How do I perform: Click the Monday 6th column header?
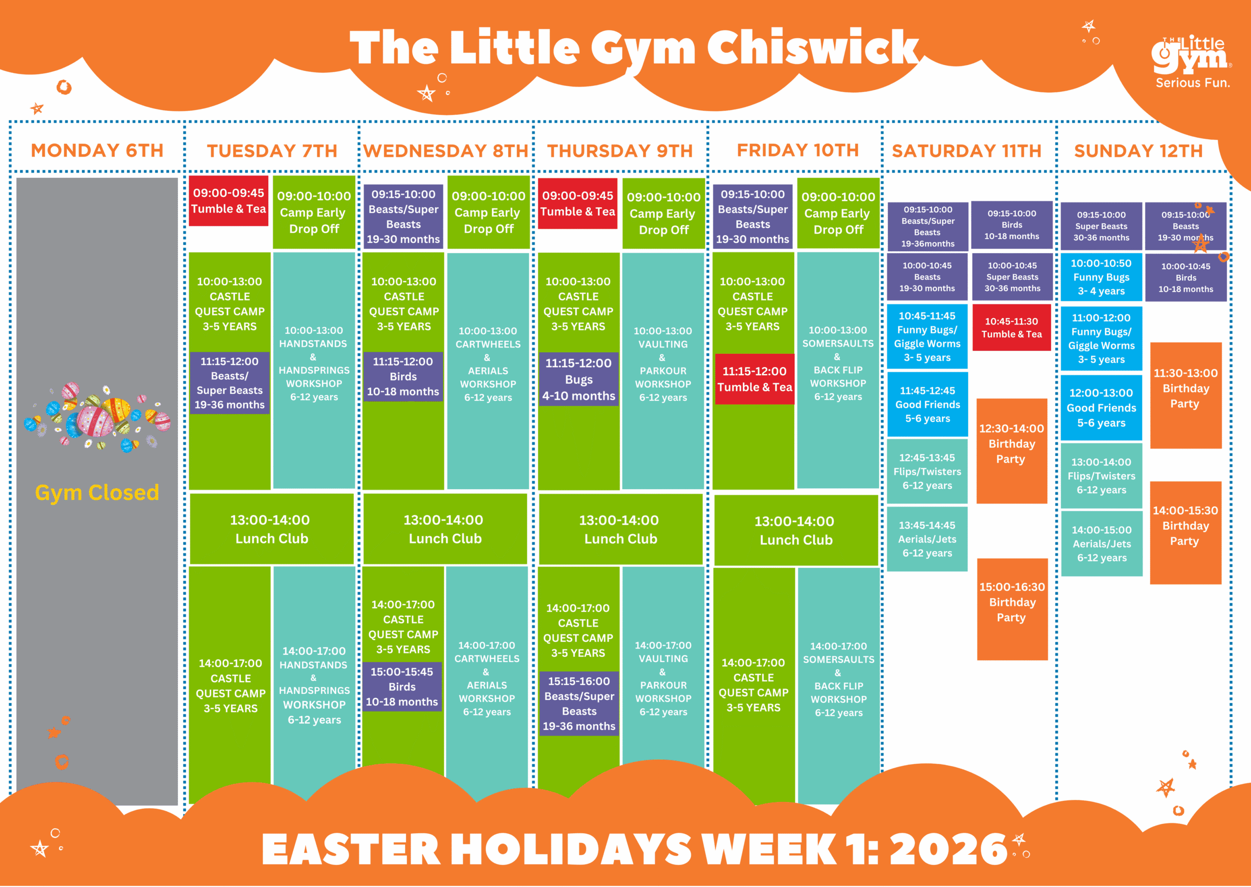click(x=97, y=150)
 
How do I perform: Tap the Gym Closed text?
click(x=97, y=492)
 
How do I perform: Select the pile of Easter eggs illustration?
click(x=97, y=417)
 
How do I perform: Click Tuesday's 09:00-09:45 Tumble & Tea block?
click(x=228, y=200)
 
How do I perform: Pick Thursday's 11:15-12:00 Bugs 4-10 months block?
click(x=579, y=379)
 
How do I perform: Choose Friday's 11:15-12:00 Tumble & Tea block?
click(x=755, y=379)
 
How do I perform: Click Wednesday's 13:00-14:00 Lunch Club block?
click(x=445, y=529)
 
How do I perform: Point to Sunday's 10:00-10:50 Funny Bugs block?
click(x=1101, y=277)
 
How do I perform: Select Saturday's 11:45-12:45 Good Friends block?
click(x=927, y=404)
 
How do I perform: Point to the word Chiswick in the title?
click(x=813, y=48)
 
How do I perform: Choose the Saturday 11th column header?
click(x=967, y=151)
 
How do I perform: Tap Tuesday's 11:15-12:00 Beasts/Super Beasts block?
click(x=229, y=382)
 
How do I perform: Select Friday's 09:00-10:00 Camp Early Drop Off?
click(x=838, y=213)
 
